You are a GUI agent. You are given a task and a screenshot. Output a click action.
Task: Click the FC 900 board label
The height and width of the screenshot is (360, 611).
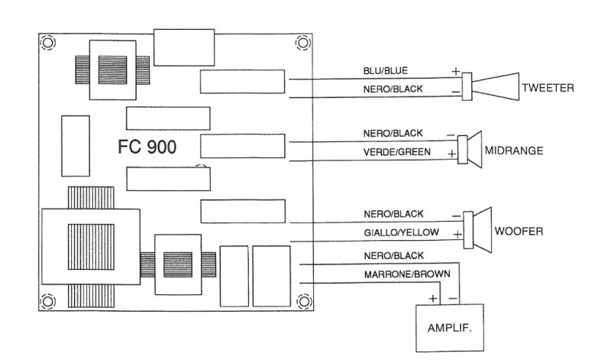coord(147,147)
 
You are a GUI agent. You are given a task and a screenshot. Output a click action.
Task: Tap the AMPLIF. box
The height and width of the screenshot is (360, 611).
coord(450,328)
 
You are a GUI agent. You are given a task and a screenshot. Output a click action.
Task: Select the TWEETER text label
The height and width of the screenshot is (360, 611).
coord(548,88)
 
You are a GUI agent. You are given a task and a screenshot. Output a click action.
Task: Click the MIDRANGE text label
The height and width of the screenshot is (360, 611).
coord(514,151)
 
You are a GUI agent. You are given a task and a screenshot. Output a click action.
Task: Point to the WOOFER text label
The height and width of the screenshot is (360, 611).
coord(519,231)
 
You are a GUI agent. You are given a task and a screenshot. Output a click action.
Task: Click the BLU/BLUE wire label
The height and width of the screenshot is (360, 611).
coord(386,70)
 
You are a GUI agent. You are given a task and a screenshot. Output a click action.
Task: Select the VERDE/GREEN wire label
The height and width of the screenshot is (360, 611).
coord(396,152)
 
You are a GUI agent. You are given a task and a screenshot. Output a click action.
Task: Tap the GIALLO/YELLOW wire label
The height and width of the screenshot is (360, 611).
coord(402,232)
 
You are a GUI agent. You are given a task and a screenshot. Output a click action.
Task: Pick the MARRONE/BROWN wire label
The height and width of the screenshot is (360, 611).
coord(407,274)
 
